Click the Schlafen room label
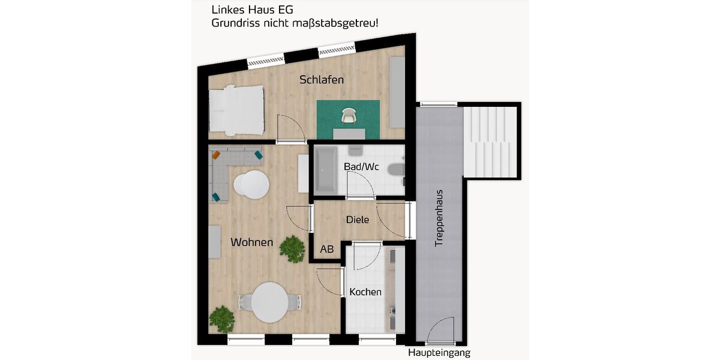click(x=322, y=80)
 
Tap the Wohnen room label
click(x=252, y=242)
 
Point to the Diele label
click(x=358, y=220)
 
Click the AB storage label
click(x=327, y=249)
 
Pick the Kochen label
click(x=365, y=292)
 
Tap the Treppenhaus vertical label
click(x=439, y=218)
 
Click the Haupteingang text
click(x=439, y=353)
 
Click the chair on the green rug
click(x=349, y=115)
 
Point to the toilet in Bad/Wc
click(x=397, y=170)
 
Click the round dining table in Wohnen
click(x=269, y=302)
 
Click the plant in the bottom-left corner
click(x=222, y=318)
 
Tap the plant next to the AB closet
click(x=292, y=248)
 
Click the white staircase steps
click(x=491, y=142)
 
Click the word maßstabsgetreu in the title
click(x=335, y=23)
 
